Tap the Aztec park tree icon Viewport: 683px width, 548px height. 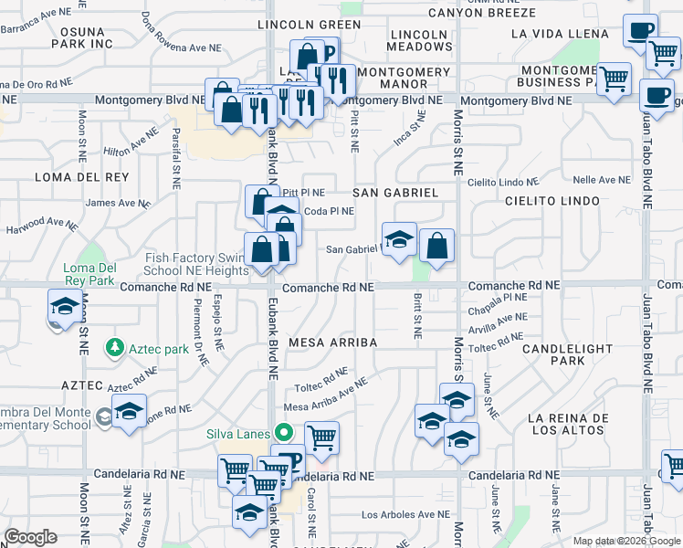(114, 348)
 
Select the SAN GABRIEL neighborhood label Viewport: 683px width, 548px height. (395, 193)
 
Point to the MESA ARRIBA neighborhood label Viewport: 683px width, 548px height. (333, 342)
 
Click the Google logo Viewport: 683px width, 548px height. (30, 537)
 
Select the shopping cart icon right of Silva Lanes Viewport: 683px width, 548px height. (320, 438)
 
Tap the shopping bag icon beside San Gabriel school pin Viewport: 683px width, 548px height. (437, 245)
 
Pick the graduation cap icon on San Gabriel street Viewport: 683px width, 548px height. (398, 239)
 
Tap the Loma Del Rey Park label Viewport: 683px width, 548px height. (89, 274)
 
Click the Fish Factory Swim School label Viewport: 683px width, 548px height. (194, 265)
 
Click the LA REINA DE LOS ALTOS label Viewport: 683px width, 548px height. (567, 424)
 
